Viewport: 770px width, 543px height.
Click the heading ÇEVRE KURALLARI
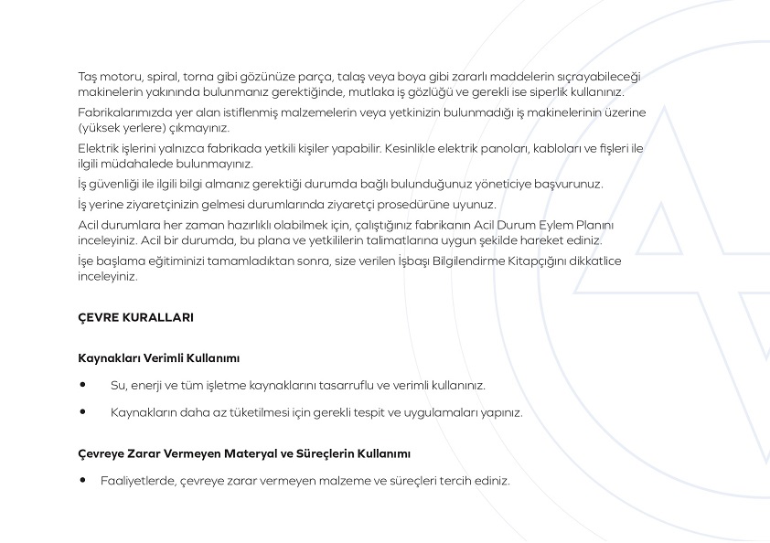(135, 318)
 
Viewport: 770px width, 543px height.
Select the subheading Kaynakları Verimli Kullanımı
(159, 358)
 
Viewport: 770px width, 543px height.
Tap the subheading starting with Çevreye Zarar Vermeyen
(244, 453)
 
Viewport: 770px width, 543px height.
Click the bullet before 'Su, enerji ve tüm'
(83, 385)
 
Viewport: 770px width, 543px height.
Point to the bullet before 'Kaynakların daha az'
(83, 412)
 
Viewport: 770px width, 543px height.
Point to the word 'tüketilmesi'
(250, 412)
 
